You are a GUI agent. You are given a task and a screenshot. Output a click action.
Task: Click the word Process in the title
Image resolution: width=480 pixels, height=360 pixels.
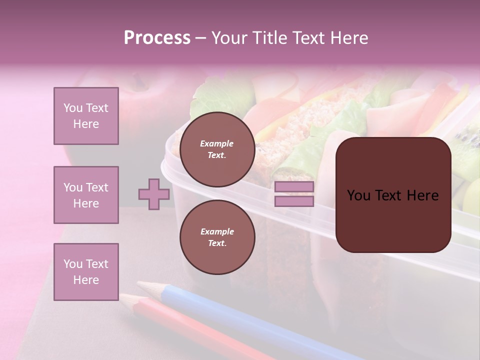click(157, 38)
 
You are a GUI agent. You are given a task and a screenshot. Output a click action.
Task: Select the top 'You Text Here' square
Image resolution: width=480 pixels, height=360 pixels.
click(86, 116)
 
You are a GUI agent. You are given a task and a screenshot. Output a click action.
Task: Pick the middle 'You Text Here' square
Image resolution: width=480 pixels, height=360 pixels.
click(86, 195)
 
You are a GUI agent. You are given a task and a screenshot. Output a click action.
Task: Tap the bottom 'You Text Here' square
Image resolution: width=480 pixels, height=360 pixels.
click(86, 272)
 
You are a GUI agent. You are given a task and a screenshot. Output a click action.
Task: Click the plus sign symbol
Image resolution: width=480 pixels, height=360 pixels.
click(154, 194)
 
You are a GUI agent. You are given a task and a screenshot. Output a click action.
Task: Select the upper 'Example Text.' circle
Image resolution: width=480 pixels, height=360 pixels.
click(217, 149)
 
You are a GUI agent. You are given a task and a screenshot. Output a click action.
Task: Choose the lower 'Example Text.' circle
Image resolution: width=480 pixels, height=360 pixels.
click(217, 237)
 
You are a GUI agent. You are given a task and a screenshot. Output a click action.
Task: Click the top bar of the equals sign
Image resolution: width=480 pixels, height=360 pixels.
click(294, 187)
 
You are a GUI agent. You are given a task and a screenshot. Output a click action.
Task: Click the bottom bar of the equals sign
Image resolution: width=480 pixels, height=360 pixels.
click(294, 201)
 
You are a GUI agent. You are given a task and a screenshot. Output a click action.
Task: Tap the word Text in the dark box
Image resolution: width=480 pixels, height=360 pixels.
click(394, 195)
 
